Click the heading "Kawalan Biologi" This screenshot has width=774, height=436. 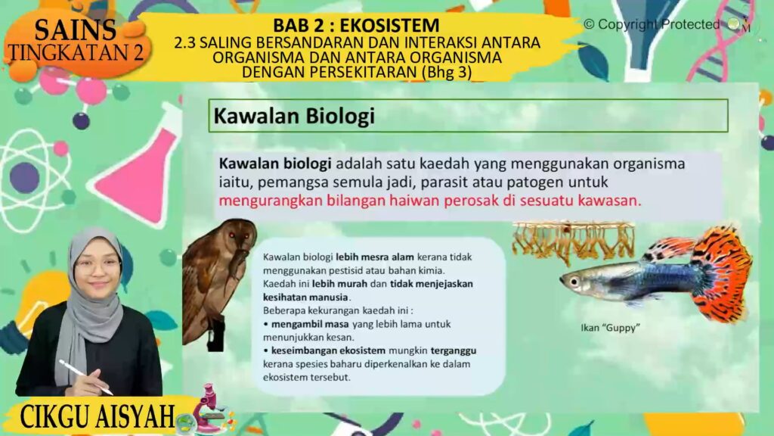tap(294, 116)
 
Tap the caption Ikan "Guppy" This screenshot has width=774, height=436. tap(610, 327)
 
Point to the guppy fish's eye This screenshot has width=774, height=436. tap(574, 282)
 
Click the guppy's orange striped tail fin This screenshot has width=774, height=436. tap(721, 273)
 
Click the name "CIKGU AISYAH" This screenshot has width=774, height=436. tap(98, 416)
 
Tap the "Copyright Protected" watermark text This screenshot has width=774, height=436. tap(652, 24)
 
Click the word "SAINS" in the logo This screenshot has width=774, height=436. tap(76, 30)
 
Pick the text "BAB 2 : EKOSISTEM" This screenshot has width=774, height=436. tap(356, 25)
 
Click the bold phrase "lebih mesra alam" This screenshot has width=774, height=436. tap(375, 257)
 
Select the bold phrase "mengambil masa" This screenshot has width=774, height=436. tap(310, 324)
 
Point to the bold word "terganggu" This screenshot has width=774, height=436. tap(454, 351)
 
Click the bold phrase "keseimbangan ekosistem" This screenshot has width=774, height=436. tap(328, 350)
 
